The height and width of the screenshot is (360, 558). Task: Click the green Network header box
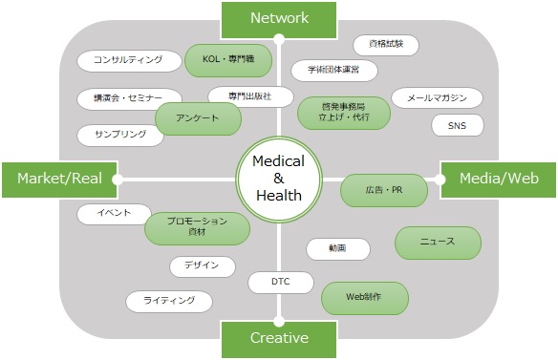[x=279, y=17]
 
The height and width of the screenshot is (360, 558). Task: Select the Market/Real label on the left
[x=59, y=178]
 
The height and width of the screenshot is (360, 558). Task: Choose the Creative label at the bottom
[x=279, y=338]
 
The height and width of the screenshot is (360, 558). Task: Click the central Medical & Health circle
[x=279, y=179]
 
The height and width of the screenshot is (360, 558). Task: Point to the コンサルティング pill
[x=128, y=60]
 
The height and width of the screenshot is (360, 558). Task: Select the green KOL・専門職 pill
[x=228, y=60]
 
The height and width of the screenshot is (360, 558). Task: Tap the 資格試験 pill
[x=385, y=45]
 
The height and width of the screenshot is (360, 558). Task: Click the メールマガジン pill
[x=437, y=97]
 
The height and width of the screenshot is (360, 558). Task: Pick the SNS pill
[x=458, y=125]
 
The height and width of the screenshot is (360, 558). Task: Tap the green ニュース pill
[x=438, y=242]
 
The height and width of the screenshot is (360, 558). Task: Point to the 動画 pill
[x=337, y=248]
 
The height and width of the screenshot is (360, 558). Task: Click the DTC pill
[x=280, y=283]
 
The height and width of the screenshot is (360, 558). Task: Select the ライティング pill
[x=169, y=302]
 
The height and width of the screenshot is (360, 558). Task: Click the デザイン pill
[x=202, y=265]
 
